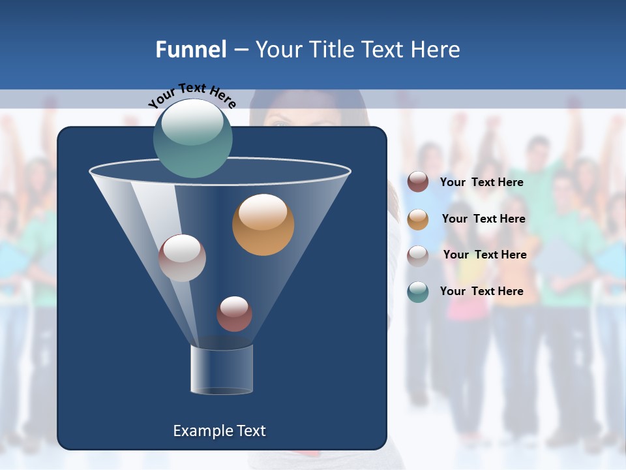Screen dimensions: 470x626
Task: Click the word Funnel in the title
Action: [190, 50]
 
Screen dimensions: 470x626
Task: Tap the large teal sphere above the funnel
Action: [192, 138]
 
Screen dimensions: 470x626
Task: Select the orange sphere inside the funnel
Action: [263, 225]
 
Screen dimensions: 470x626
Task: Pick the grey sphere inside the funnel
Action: [182, 258]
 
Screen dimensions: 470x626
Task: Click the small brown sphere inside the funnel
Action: [234, 313]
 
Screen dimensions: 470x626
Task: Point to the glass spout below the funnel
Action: [222, 369]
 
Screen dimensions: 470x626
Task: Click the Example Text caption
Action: [219, 431]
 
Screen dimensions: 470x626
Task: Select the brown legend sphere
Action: [418, 182]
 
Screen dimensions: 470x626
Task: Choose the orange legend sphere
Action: [418, 219]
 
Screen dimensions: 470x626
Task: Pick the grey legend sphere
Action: [418, 255]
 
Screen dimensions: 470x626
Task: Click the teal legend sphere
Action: [418, 291]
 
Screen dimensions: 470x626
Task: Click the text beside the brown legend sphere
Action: [481, 182]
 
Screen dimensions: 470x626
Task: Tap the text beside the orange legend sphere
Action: [483, 219]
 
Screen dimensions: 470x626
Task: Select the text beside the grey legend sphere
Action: [484, 255]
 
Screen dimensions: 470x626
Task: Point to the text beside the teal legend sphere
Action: [481, 291]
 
